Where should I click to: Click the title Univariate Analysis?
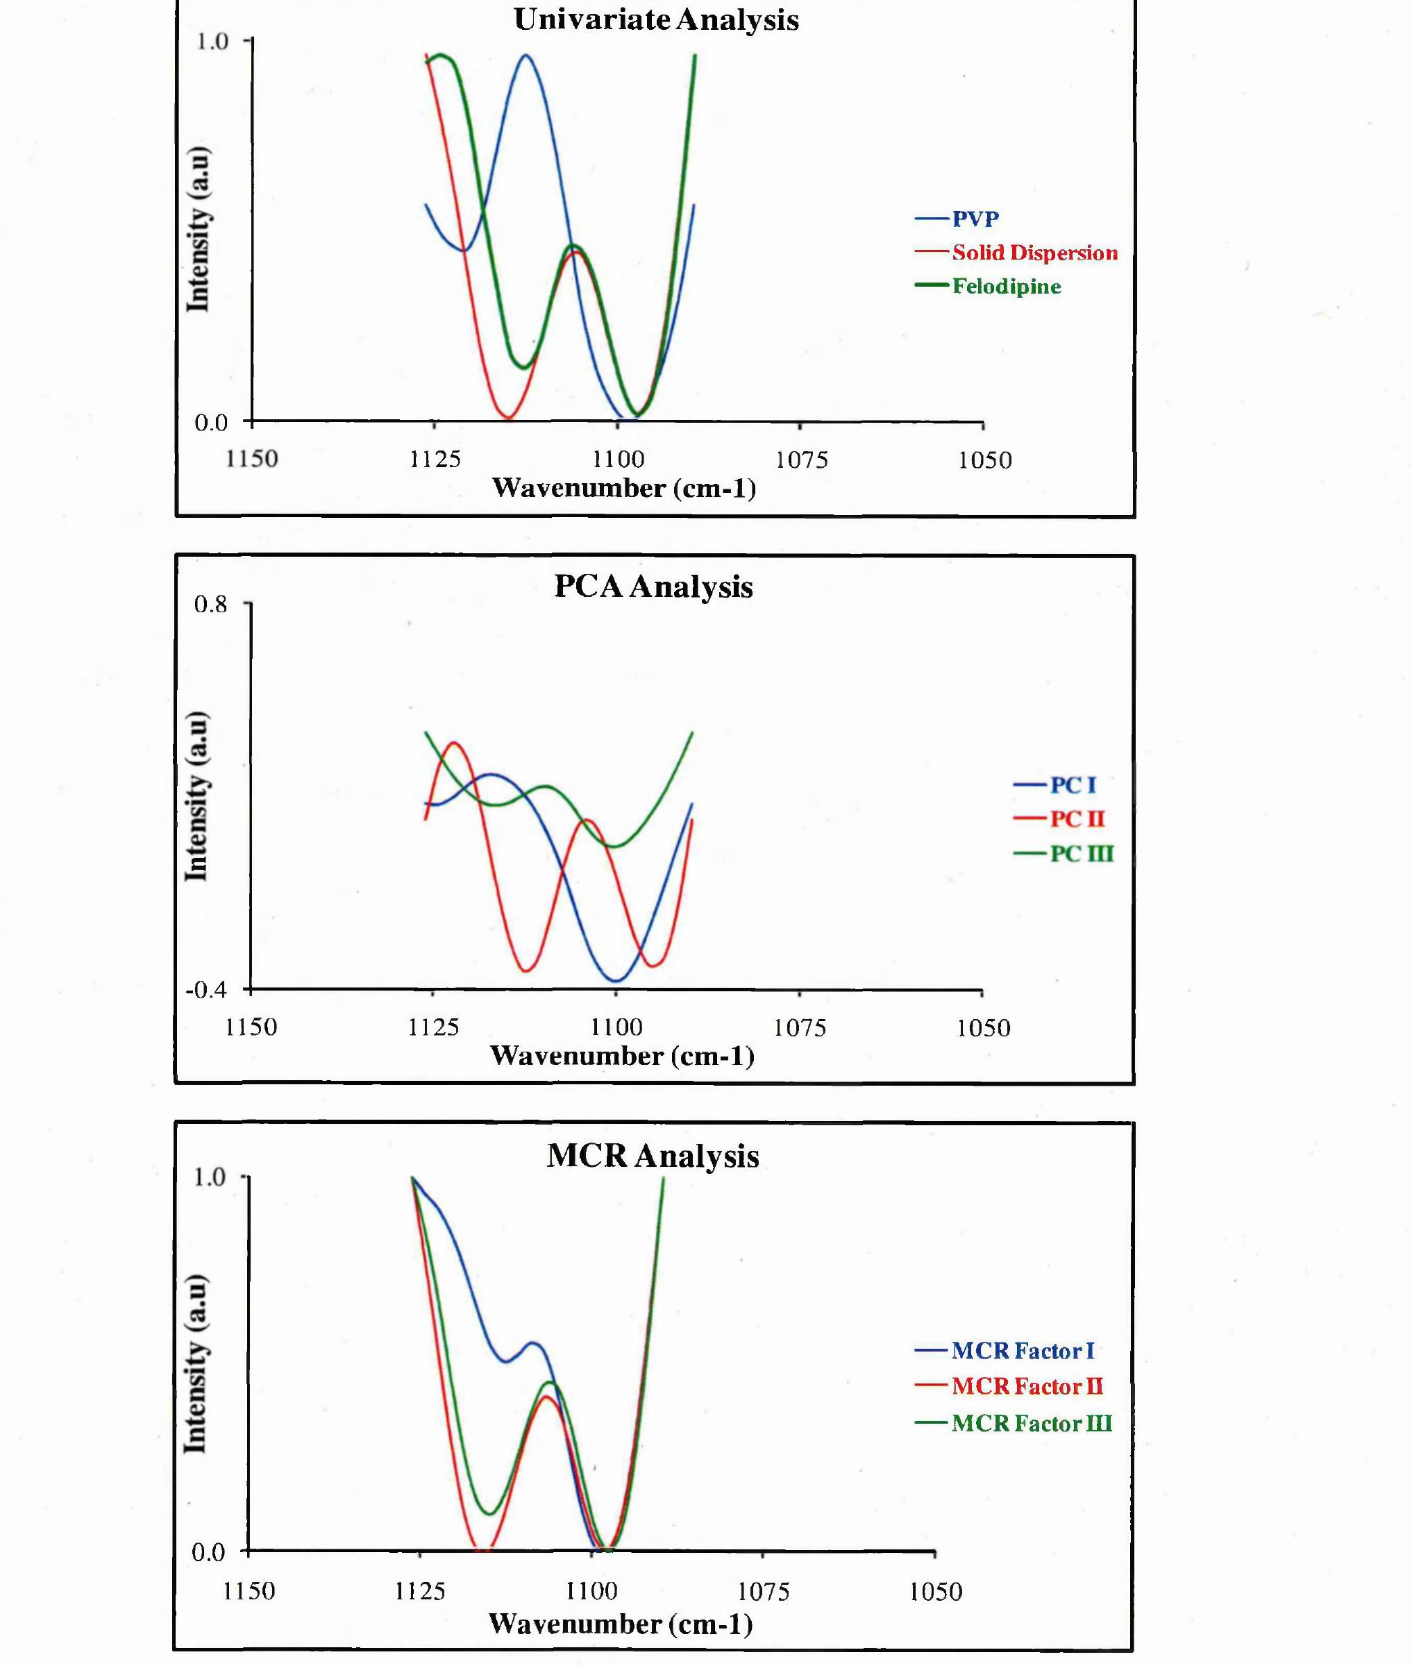point(655,20)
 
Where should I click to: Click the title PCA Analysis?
point(653,587)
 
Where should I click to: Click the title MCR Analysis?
point(653,1156)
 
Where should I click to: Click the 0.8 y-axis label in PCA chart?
point(210,604)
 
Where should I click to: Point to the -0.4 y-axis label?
point(206,990)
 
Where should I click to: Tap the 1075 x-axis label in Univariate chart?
point(801,460)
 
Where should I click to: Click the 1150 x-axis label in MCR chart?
point(249,1591)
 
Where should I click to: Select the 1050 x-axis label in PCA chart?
point(984,1027)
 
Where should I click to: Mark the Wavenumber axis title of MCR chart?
point(621,1624)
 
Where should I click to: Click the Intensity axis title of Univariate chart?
point(197,230)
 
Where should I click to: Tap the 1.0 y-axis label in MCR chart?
point(210,1177)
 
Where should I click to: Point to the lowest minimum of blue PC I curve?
point(616,980)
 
